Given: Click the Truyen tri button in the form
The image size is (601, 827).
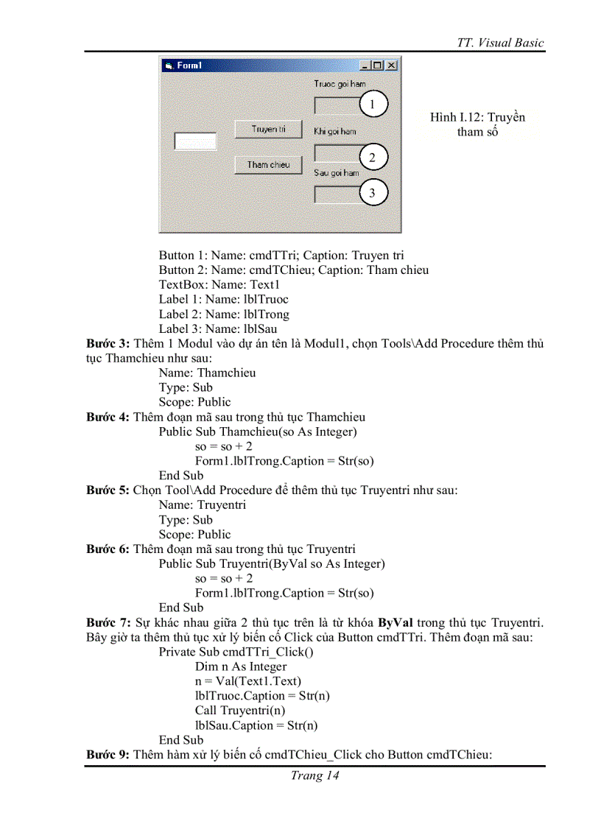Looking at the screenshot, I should click(268, 129).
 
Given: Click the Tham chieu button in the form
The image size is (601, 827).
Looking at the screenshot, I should click(268, 165).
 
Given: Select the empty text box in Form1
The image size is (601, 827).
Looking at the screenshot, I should click(195, 141).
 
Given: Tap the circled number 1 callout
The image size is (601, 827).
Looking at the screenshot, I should click(373, 105).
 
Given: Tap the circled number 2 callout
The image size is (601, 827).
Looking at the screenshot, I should click(373, 158).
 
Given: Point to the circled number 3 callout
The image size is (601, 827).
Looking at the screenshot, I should click(373, 193).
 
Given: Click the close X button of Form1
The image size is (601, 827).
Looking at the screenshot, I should click(391, 66).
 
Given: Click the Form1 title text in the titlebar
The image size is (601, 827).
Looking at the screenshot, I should click(189, 66).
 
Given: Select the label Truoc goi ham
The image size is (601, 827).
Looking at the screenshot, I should click(340, 85).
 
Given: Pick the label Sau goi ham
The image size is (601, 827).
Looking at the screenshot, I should click(337, 173).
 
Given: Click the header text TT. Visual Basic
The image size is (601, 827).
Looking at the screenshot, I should click(500, 43).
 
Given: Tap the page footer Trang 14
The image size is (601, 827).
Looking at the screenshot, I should click(314, 775).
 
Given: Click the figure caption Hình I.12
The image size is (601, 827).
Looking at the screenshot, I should click(477, 118).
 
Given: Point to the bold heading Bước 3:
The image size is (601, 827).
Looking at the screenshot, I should click(108, 344).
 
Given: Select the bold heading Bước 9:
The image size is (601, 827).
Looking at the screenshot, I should click(108, 755).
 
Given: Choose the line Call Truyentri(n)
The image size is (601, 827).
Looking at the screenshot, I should click(240, 711).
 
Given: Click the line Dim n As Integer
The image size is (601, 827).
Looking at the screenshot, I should click(241, 666).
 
